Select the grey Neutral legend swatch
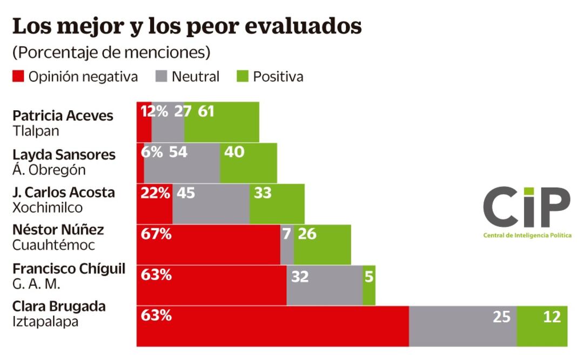161,77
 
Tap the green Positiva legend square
243,77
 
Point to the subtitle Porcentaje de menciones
111,52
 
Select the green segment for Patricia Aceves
221,122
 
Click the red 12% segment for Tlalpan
144,122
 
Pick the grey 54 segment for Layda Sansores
182,162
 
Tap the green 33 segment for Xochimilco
277,203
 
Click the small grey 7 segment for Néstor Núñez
287,244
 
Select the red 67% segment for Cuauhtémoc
208,244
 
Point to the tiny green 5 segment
369,285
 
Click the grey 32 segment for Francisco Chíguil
324,285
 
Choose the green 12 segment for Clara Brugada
542,325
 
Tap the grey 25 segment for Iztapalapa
462,325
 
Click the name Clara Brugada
59,306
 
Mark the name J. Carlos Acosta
63,192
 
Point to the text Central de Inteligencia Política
527,236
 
